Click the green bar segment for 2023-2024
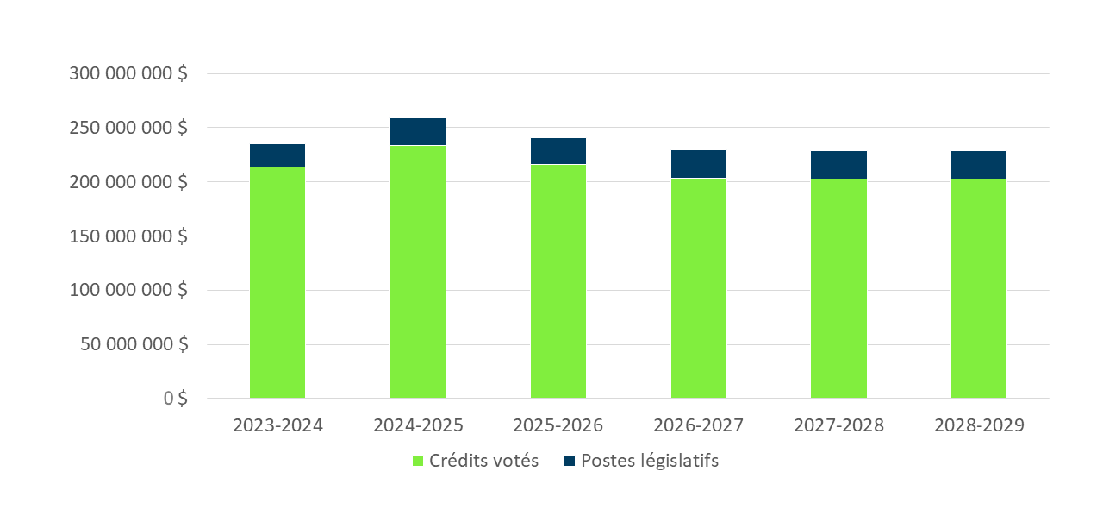(x=277, y=282)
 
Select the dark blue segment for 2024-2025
(x=418, y=131)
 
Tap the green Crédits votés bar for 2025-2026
(x=558, y=281)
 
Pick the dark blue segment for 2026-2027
(x=699, y=164)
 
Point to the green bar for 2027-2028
(x=838, y=288)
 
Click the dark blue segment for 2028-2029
(x=979, y=165)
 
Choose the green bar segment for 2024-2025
(x=418, y=272)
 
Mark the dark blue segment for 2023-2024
(x=277, y=155)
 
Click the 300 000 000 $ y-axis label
(x=128, y=74)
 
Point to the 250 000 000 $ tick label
(x=128, y=128)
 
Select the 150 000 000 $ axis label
(x=128, y=236)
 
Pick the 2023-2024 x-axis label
(x=277, y=426)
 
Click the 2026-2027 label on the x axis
(x=699, y=426)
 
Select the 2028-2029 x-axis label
(x=979, y=426)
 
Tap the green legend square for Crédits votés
(x=419, y=461)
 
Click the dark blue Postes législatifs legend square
(x=570, y=461)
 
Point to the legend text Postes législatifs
(x=649, y=461)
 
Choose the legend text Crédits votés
(x=484, y=461)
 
